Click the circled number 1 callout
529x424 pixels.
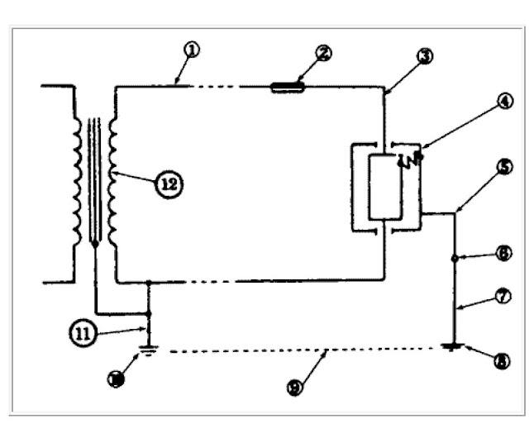[193, 50]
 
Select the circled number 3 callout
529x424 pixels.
[425, 57]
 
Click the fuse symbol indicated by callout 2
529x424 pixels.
[288, 85]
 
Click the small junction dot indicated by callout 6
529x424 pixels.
[455, 259]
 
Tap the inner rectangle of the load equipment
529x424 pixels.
[384, 186]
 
